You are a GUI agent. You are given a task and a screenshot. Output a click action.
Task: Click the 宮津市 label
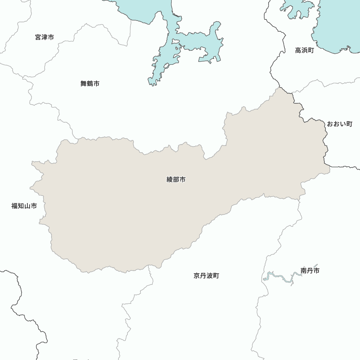point(45,37)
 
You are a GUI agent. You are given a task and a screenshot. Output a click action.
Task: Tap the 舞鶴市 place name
point(90,84)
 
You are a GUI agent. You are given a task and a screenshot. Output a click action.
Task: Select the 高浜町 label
point(305,50)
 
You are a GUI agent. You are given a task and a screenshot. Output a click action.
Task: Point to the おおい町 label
point(339,124)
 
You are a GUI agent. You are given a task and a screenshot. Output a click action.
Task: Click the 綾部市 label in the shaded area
point(176,179)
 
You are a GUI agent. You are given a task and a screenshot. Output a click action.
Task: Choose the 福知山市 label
point(24,206)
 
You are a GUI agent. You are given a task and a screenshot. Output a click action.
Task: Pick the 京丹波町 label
point(206,276)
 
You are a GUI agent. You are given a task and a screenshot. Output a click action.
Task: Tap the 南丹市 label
point(310,270)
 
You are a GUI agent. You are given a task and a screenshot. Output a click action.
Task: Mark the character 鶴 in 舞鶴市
point(90,84)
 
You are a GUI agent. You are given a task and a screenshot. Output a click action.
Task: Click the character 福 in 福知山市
point(15,206)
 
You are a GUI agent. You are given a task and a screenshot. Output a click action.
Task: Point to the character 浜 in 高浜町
point(305,50)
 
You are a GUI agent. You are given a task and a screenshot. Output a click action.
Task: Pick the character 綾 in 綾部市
point(170,179)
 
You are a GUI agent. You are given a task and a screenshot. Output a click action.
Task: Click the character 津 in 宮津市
point(45,37)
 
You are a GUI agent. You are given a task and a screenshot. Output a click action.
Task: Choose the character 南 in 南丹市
point(304,270)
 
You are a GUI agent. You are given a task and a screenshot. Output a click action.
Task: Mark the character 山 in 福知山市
point(27,206)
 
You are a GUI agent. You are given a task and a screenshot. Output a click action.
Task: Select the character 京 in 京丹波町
point(197,276)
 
